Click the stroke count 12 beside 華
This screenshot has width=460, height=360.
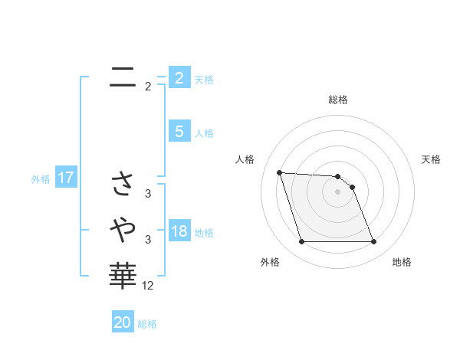pos(148,285)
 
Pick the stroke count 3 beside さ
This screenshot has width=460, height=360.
pos(148,194)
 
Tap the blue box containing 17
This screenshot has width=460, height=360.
pos(66,178)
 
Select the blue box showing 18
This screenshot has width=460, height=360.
pos(179,232)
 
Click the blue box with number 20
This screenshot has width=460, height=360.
pos(123,322)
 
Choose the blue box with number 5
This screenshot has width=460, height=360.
pos(179,132)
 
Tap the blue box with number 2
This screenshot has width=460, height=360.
pos(179,77)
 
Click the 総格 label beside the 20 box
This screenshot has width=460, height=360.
pos(147,324)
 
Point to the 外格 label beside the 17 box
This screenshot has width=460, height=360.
pos(41,179)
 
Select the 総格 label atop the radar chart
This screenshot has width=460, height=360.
pos(338,100)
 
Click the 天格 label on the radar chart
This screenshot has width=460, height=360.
pos(432,159)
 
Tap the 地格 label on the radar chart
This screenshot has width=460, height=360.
pos(402,262)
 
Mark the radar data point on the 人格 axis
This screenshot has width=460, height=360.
pos(279,172)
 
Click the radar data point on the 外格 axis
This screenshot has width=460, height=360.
pos(301,242)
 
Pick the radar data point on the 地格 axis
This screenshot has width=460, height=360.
pos(374,242)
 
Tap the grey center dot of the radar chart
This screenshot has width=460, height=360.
pos(338,191)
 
